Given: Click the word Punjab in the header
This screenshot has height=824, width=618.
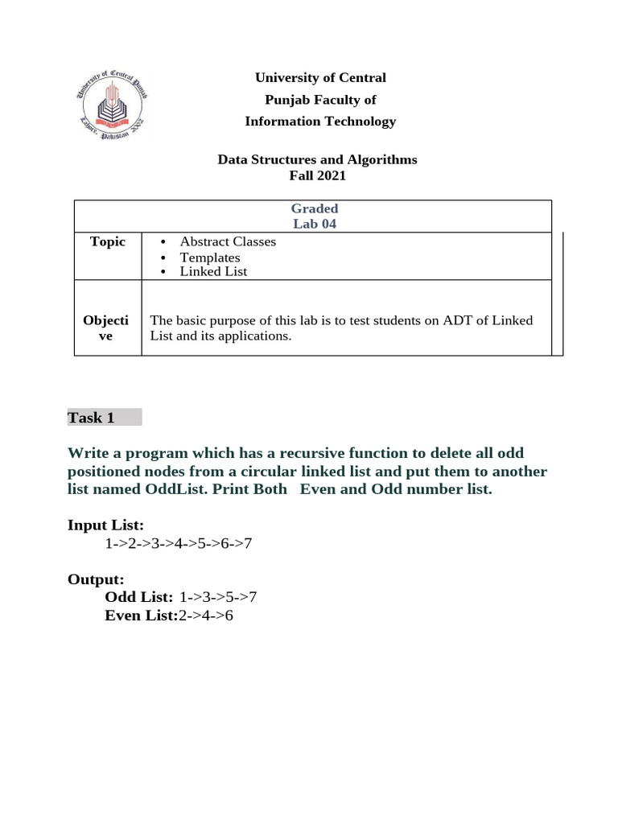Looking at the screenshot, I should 287,100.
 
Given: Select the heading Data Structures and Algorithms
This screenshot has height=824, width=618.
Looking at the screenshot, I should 317,159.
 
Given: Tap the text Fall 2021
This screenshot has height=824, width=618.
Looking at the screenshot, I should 317,175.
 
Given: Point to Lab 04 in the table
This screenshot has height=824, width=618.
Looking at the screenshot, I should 315,224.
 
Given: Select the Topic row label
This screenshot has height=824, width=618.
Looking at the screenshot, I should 108,241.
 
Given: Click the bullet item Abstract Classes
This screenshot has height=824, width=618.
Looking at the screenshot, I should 228,241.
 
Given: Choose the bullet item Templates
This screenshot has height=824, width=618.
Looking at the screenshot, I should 210,257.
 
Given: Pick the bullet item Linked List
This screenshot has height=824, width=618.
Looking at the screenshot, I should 213,271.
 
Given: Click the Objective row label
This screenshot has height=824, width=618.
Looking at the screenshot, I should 105,328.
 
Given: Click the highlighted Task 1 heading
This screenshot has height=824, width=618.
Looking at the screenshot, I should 91,417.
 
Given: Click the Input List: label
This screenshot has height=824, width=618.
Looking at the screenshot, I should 105,525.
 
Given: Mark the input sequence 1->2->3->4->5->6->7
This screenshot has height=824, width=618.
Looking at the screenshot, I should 179,543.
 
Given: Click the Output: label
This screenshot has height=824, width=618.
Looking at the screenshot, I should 96,579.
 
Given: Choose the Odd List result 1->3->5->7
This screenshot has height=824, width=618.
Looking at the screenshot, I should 218,597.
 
